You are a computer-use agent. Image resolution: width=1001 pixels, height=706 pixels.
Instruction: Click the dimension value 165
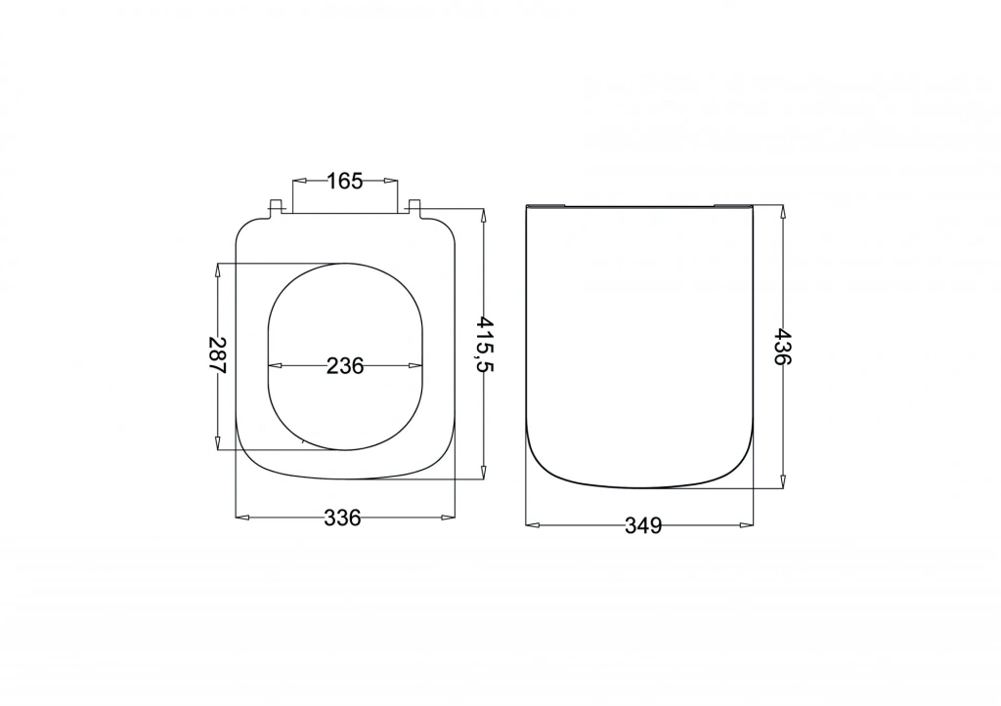(x=345, y=181)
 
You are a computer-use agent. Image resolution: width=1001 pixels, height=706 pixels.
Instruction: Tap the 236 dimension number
(x=345, y=366)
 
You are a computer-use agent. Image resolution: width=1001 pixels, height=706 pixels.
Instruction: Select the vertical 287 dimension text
(x=218, y=354)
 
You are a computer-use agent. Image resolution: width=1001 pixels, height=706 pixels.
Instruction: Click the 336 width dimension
(x=343, y=518)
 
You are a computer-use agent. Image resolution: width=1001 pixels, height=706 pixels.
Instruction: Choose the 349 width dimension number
(x=643, y=525)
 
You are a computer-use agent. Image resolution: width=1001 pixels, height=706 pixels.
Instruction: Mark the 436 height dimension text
(x=783, y=347)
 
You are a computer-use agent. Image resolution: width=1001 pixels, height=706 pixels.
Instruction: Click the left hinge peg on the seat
(x=276, y=207)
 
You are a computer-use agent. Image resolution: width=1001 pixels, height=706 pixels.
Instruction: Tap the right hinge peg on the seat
(x=413, y=207)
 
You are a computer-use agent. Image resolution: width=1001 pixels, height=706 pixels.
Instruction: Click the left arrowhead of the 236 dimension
(x=275, y=366)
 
